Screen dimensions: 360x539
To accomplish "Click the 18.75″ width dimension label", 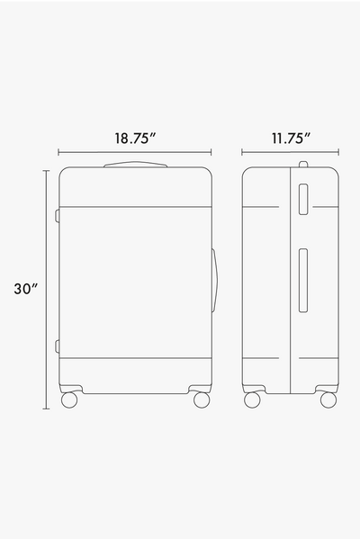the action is pyautogui.click(x=135, y=139).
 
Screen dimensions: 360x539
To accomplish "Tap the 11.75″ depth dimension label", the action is pyautogui.click(x=291, y=139).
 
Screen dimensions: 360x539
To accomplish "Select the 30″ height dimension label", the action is pyautogui.click(x=25, y=289).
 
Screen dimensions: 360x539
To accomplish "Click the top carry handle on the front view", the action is pyautogui.click(x=136, y=165).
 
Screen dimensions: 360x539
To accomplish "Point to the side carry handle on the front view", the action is pyautogui.click(x=214, y=281).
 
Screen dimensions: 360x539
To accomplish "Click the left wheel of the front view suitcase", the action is pyautogui.click(x=69, y=400).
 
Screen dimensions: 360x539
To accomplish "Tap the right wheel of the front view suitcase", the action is pyautogui.click(x=202, y=400).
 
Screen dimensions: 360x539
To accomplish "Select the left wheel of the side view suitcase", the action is pyautogui.click(x=252, y=400).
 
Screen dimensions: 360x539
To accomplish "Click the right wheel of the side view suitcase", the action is pyautogui.click(x=328, y=400).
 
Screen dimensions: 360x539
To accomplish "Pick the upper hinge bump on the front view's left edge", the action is pyautogui.click(x=57, y=216).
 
